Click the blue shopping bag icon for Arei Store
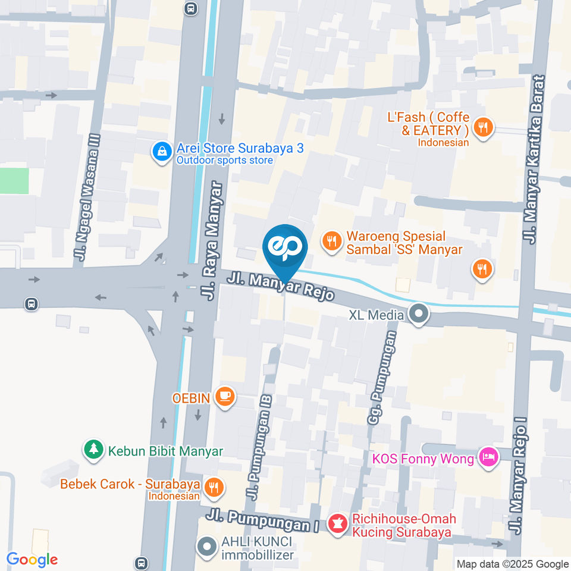pyautogui.click(x=161, y=152)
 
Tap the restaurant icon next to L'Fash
pyautogui.click(x=484, y=127)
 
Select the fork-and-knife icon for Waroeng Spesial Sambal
pyautogui.click(x=331, y=241)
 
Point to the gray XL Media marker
pyautogui.click(x=419, y=314)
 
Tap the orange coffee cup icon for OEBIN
pyautogui.click(x=225, y=397)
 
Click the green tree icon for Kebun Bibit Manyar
pyautogui.click(x=93, y=450)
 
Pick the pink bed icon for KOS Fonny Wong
pyautogui.click(x=488, y=458)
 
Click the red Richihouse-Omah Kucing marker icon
pyautogui.click(x=337, y=525)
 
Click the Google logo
pyautogui.click(x=32, y=559)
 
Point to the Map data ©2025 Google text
pyautogui.click(x=513, y=564)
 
